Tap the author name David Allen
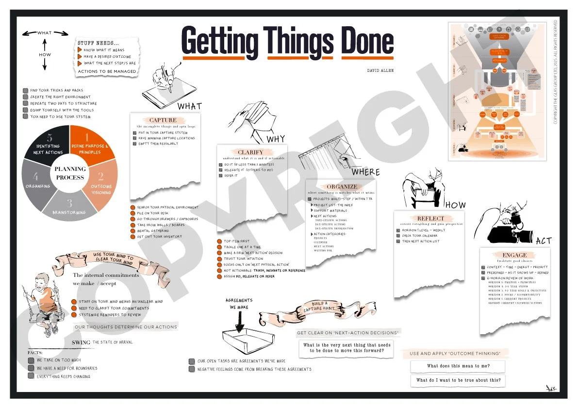click(x=380, y=71)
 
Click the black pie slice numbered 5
click(x=49, y=143)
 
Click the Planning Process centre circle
click(x=70, y=173)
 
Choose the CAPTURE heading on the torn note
click(x=163, y=120)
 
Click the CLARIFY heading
click(x=250, y=152)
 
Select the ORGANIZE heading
click(x=342, y=187)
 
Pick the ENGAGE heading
click(x=514, y=255)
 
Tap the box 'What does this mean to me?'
click(x=458, y=366)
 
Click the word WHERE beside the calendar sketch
click(x=366, y=172)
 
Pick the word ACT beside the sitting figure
click(x=544, y=241)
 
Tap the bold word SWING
click(x=81, y=342)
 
